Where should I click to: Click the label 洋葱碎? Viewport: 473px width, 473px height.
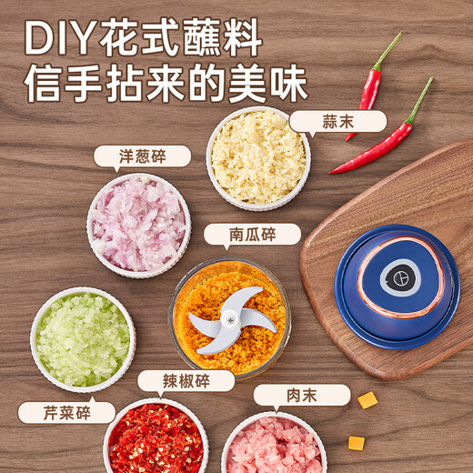coord(142,156)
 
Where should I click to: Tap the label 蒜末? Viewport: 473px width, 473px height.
coord(337,122)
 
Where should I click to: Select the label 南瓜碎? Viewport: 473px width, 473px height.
coord(252,235)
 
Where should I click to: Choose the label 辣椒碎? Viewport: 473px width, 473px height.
coord(186,380)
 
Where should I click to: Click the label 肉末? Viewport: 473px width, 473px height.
coord(301,395)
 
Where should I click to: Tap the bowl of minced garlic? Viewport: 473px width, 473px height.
coord(257,157)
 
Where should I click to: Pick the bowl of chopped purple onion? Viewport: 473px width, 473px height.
coord(138,223)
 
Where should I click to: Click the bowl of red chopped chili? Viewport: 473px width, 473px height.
coord(156,439)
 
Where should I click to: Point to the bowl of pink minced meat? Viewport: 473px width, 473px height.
coord(273,446)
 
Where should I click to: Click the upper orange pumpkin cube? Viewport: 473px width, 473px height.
coord(367,400)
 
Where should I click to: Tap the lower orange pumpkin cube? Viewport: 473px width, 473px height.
coord(356,442)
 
